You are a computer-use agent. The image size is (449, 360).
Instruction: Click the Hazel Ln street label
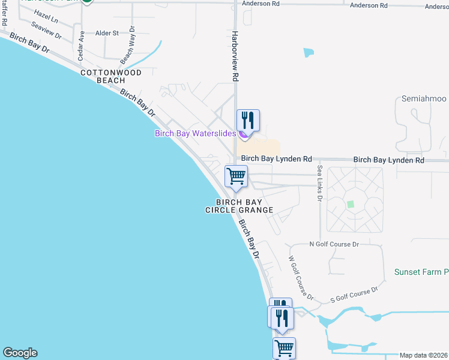click(46, 16)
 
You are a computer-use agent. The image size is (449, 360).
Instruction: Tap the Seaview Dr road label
click(46, 31)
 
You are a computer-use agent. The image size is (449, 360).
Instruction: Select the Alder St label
click(107, 33)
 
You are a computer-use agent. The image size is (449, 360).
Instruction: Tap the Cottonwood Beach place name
click(111, 76)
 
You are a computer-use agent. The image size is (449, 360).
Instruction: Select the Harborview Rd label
click(236, 56)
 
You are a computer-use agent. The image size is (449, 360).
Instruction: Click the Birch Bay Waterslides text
click(195, 133)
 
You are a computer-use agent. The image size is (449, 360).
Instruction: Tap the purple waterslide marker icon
click(242, 134)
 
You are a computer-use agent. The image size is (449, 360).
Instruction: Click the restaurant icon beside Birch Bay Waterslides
click(247, 120)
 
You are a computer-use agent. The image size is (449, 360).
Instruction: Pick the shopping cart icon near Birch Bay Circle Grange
click(236, 176)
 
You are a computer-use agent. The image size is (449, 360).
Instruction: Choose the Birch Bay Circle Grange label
click(239, 206)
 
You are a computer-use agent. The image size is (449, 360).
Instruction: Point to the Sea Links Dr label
click(320, 183)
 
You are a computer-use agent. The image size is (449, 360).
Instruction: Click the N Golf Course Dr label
click(333, 244)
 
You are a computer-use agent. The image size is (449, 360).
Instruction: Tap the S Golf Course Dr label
click(354, 295)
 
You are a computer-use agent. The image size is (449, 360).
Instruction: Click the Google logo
click(19, 353)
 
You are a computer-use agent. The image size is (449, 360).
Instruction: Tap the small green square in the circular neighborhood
click(351, 204)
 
